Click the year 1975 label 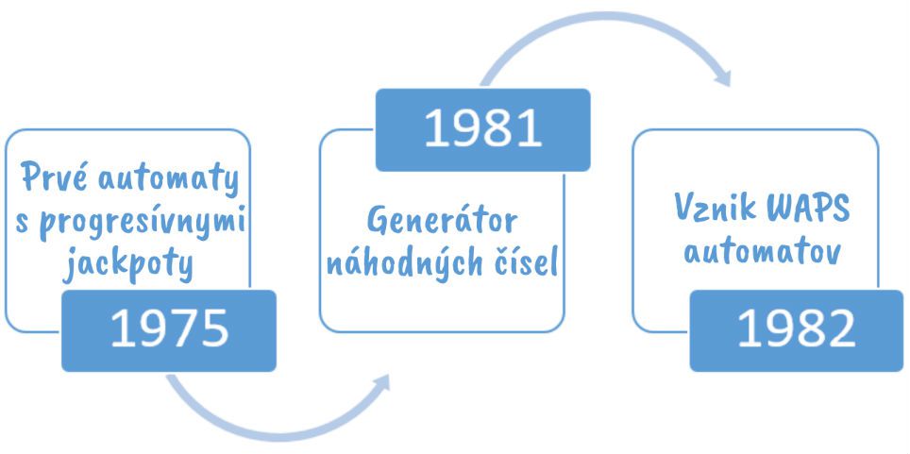(x=170, y=329)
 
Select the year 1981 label (x=483, y=127)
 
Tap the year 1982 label (x=797, y=329)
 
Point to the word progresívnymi (x=143, y=225)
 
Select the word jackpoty (x=127, y=264)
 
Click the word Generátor (x=442, y=222)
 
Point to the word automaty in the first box (x=168, y=178)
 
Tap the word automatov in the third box (x=762, y=251)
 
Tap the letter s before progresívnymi (x=23, y=223)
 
